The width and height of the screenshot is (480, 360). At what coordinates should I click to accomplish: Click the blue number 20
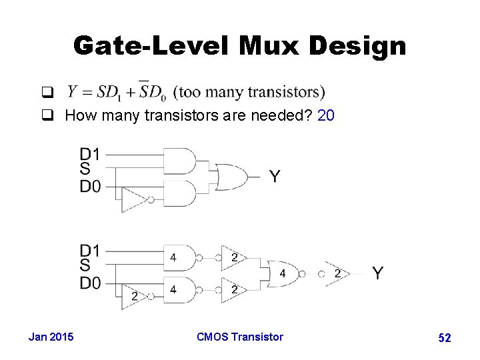pos(326,116)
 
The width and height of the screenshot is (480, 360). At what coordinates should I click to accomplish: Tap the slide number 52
pos(445,338)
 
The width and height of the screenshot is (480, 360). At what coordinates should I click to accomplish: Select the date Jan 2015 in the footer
pos(51,337)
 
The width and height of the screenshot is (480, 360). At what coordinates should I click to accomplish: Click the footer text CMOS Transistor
pos(240,337)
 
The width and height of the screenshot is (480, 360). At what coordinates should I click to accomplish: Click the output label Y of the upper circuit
pos(275,177)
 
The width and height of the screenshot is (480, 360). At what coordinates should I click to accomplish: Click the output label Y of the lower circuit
pos(378,273)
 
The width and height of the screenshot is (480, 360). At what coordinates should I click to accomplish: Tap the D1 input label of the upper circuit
pos(90,154)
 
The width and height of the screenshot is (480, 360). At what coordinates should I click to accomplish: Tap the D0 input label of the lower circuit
pos(90,284)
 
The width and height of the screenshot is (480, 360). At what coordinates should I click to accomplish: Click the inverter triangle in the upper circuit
pos(136,199)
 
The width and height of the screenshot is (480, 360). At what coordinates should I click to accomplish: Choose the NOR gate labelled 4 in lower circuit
pos(283,273)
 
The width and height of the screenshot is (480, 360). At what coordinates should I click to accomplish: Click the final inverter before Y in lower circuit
pos(335,273)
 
